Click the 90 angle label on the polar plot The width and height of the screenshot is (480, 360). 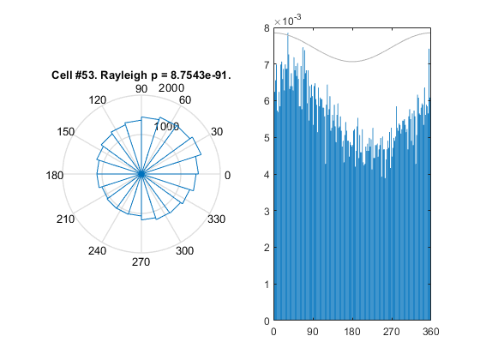tap(141, 89)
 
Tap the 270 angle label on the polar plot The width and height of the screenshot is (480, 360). tap(141, 262)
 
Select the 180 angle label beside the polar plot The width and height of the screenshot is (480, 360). tap(55, 176)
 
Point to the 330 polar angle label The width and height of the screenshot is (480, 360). tap(216, 219)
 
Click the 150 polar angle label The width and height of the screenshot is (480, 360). tap(65, 132)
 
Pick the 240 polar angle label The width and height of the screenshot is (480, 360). tap(98, 251)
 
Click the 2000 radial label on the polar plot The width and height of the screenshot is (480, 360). tap(171, 88)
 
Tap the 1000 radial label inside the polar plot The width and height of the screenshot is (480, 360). tap(166, 126)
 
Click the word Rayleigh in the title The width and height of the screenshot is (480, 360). tap(123, 75)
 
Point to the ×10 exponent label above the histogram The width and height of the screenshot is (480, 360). tap(287, 21)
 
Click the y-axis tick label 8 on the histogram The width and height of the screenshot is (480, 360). tap(267, 28)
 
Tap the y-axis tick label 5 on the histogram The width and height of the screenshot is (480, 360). tap(267, 138)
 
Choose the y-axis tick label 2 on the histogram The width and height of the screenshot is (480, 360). tap(267, 248)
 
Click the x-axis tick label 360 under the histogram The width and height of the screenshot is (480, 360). tap(430, 332)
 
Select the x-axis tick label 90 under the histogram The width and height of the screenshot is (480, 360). tap(313, 332)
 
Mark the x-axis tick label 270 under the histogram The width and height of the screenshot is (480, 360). tap(391, 332)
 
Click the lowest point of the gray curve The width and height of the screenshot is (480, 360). tap(352, 62)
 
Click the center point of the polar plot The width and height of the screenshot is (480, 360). tap(141, 174)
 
